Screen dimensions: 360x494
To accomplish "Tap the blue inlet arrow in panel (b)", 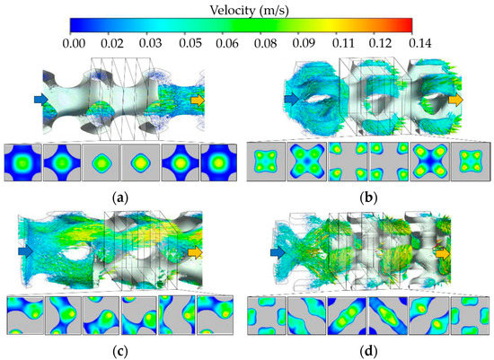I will pos(290,98).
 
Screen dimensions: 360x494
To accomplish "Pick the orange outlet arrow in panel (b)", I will pos(457,99).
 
